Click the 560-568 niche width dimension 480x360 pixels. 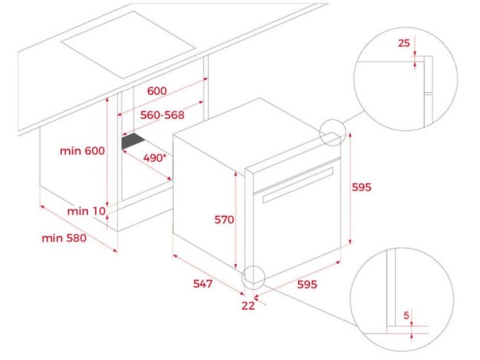pyautogui.click(x=162, y=115)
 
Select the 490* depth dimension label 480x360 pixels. pyautogui.click(x=155, y=158)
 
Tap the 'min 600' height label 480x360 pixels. pyautogui.click(x=82, y=151)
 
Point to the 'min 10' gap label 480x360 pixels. pyautogui.click(x=86, y=211)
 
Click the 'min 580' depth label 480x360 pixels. pyautogui.click(x=64, y=238)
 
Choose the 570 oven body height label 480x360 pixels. pyautogui.click(x=224, y=219)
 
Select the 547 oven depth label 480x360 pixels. pyautogui.click(x=203, y=284)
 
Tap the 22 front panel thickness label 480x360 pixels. pyautogui.click(x=248, y=305)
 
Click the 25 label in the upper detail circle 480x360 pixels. pyautogui.click(x=404, y=43)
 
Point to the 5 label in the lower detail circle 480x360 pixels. pyautogui.click(x=406, y=315)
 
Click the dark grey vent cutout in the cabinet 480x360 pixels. pyautogui.click(x=132, y=141)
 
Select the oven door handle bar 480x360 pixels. pyautogui.click(x=298, y=185)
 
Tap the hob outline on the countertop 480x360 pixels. pyautogui.click(x=128, y=45)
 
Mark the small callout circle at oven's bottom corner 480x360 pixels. pyautogui.click(x=253, y=276)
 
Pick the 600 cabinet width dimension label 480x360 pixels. pyautogui.click(x=157, y=91)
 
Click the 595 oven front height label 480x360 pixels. pyautogui.click(x=361, y=187)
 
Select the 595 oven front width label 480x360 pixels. pyautogui.click(x=307, y=285)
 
